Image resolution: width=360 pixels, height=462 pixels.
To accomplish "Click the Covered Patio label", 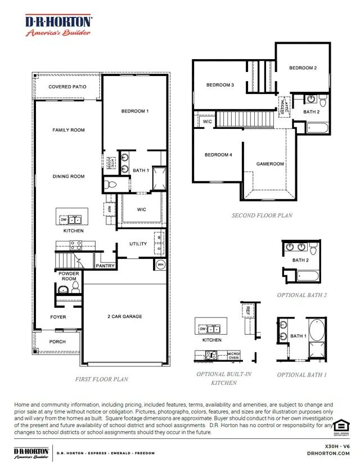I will (67, 87).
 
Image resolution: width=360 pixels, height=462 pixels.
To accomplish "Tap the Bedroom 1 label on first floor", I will (135, 111).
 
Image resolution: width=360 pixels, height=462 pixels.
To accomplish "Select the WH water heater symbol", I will (160, 265).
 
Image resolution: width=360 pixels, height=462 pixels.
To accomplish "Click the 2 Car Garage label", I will (125, 316).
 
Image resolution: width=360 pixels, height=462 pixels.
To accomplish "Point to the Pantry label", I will (105, 266).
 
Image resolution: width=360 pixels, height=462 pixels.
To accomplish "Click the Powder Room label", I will (69, 276).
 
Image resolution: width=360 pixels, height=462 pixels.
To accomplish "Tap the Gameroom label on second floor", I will (271, 164).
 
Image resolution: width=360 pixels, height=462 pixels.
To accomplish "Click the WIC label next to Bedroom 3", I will (207, 122).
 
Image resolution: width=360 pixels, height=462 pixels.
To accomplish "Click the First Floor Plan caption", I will (102, 379).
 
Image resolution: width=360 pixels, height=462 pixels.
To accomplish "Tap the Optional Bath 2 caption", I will (302, 295).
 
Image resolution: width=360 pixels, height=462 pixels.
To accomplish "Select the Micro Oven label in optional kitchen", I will (233, 356).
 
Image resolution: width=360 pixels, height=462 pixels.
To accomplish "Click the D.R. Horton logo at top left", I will (58, 25).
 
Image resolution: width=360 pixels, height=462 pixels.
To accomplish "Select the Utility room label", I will (138, 244).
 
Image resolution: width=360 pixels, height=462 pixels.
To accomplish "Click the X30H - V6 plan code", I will (337, 446).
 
